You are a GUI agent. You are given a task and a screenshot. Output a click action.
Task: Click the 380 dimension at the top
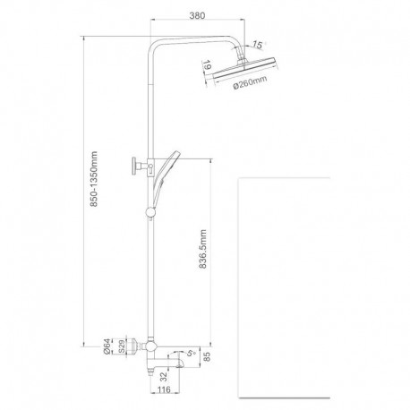(x=197, y=15)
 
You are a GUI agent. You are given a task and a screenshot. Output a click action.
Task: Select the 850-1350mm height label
(x=94, y=179)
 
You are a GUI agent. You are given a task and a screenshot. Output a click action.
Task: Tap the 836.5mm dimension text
(x=202, y=249)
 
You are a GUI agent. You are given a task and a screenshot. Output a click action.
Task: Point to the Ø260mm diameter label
(x=250, y=82)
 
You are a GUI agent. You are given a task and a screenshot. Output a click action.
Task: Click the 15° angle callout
(x=258, y=45)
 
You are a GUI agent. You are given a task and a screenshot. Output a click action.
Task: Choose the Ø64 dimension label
(x=107, y=346)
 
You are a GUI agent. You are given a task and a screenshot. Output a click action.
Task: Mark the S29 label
(x=122, y=346)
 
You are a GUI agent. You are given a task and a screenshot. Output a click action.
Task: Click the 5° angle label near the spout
(x=191, y=353)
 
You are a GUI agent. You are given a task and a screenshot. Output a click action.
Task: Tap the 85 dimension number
(x=208, y=357)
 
